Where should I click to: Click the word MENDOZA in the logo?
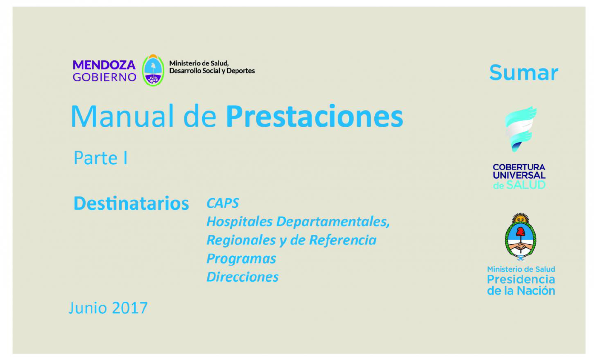104,65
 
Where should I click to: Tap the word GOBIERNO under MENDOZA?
104,77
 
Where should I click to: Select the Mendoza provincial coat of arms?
153,70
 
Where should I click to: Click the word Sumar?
524,73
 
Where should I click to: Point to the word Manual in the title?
122,116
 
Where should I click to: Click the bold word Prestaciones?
315,116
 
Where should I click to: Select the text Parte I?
100,158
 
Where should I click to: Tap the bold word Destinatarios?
131,203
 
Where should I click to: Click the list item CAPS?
223,203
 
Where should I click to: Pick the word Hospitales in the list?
240,222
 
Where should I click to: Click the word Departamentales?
333,222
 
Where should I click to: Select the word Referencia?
343,240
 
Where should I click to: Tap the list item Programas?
241,259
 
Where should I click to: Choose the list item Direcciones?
243,277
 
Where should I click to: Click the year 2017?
130,308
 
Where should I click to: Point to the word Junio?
88,308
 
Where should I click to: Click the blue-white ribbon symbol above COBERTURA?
520,129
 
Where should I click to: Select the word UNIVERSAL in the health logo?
519,175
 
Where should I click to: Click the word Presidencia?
521,280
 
